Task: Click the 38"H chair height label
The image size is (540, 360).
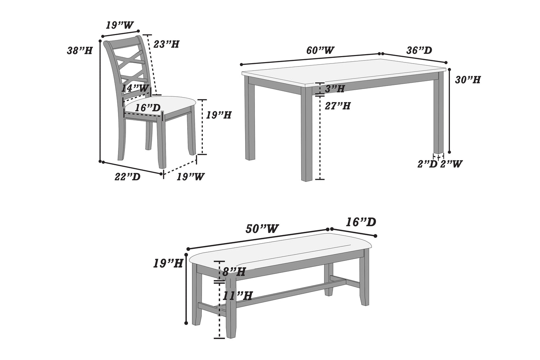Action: (80, 50)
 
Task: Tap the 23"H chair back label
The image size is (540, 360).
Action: (166, 44)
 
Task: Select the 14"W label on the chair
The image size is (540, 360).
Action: (135, 88)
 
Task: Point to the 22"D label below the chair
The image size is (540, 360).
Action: (127, 177)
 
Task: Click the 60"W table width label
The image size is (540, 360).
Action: (320, 50)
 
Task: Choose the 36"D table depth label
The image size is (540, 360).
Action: (419, 50)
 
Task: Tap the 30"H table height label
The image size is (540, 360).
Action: (468, 80)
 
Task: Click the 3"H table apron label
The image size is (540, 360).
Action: (335, 89)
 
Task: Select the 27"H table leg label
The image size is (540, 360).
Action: (338, 106)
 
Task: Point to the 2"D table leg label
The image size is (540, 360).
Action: (428, 164)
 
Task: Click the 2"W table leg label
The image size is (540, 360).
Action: (451, 164)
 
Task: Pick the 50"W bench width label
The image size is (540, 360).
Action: (262, 229)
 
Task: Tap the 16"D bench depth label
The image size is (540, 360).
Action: (361, 222)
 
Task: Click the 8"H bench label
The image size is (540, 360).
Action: (234, 272)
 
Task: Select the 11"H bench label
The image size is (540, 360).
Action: (237, 295)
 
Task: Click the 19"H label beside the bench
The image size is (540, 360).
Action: (168, 263)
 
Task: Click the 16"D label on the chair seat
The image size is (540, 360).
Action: (148, 108)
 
